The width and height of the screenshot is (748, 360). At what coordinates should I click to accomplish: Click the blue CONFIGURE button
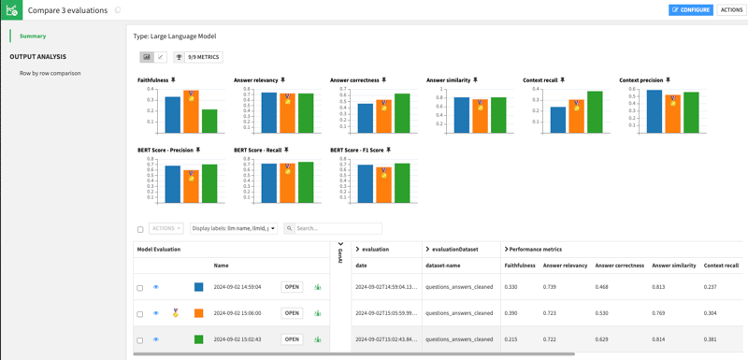[691, 10]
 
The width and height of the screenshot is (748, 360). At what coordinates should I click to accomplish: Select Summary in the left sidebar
[33, 36]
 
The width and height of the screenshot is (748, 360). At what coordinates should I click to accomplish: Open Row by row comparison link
[50, 73]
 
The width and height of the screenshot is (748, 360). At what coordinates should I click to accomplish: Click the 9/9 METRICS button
[198, 57]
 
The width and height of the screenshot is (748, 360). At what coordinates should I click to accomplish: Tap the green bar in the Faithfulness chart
[209, 121]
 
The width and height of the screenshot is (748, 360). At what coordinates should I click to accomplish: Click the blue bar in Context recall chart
[558, 120]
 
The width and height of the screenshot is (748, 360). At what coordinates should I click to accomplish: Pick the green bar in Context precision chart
[691, 112]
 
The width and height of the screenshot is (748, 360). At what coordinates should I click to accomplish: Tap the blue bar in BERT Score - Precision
[172, 184]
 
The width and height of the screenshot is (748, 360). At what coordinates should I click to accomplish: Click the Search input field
[337, 228]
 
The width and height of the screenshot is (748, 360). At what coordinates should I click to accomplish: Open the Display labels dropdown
[234, 228]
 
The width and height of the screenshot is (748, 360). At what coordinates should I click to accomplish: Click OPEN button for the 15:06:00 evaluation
[293, 313]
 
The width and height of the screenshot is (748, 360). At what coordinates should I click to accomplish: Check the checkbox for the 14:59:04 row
[140, 288]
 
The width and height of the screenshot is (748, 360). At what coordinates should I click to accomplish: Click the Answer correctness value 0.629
[609, 339]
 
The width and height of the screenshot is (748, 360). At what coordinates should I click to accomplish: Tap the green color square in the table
[198, 339]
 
